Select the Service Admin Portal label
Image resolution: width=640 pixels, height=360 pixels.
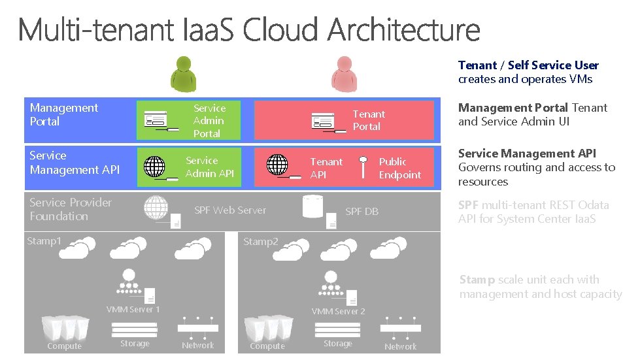point(209,121)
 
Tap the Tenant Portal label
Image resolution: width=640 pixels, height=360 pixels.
point(369,120)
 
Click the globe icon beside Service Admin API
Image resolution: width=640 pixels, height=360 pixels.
point(154,167)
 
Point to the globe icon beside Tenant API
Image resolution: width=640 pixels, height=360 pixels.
point(277,165)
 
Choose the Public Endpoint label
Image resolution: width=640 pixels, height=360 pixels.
point(400,168)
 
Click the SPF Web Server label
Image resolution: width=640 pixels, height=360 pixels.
point(230,210)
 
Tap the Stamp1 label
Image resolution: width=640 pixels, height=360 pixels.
point(44,241)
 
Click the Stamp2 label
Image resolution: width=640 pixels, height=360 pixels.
point(261,242)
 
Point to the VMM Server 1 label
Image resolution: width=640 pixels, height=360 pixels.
point(133,309)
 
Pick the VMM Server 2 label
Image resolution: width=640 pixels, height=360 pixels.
point(338,311)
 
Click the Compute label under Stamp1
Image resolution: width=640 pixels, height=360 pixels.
point(65,346)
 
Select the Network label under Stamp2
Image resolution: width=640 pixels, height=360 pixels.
point(400,346)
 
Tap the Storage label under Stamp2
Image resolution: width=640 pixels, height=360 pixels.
point(338,344)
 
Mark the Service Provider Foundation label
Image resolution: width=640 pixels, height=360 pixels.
point(71,209)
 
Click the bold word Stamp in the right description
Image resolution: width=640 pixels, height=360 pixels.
point(477,280)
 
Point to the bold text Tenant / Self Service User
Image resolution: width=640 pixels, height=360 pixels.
point(528,65)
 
